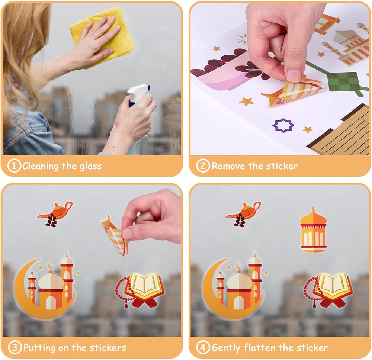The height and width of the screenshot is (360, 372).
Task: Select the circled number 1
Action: [14, 165]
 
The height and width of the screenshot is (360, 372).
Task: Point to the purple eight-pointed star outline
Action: [283, 125]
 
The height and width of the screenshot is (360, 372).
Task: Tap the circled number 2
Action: [203, 165]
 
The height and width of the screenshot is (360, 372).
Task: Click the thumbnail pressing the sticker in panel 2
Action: [294, 75]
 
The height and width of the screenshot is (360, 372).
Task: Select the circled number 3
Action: [15, 347]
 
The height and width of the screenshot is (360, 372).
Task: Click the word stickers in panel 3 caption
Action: [108, 348]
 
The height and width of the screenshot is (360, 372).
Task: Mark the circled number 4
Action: [203, 347]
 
